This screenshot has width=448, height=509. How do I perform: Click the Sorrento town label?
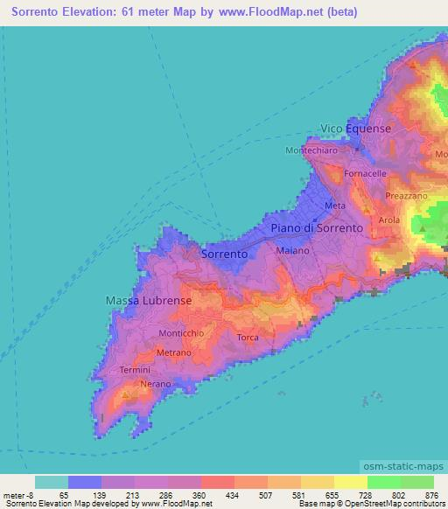[x=224, y=254]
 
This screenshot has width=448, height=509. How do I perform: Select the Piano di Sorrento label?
[x=316, y=227]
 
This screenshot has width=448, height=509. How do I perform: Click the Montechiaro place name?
[x=311, y=150]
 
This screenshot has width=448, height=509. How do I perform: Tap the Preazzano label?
[x=404, y=197]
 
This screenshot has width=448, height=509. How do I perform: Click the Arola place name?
[x=388, y=220]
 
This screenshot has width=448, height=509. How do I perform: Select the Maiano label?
[x=292, y=251]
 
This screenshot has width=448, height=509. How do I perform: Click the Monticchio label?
[x=181, y=334]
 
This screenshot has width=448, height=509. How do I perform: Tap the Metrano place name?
[x=173, y=352]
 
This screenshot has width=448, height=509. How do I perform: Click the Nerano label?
[x=154, y=384]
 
